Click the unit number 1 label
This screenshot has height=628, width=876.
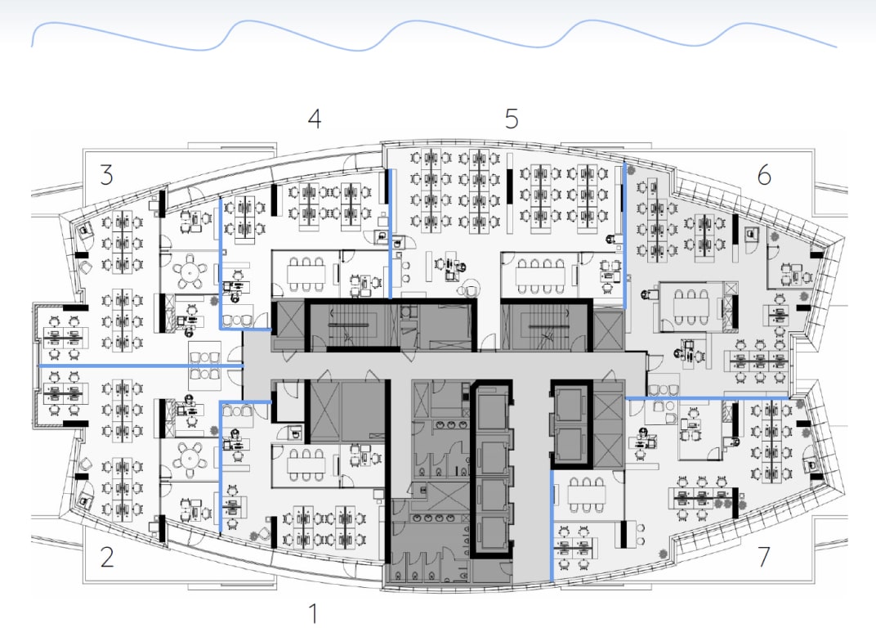pos(314,613)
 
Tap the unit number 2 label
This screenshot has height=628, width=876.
pos(107,557)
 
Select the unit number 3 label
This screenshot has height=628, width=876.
pos(107,174)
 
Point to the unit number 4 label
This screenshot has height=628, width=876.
pos(315,119)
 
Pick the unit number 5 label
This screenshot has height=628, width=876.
pos(512,119)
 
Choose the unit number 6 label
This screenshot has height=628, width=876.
pos(764,175)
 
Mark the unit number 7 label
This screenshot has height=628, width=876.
pos(764,556)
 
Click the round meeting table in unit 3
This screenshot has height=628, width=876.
pos(190,271)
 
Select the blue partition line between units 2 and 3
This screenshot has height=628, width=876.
pos(141,366)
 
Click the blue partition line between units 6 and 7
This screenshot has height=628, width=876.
pos(707,398)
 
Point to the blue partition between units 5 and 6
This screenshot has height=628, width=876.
pos(624,235)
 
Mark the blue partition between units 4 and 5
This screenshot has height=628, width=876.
pos(390,234)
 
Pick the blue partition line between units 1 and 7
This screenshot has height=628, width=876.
pos(552,527)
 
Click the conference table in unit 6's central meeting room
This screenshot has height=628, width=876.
pos(691,307)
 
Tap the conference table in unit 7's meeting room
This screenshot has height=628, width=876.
pos(587,495)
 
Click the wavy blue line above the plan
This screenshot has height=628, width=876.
pos(433,34)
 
